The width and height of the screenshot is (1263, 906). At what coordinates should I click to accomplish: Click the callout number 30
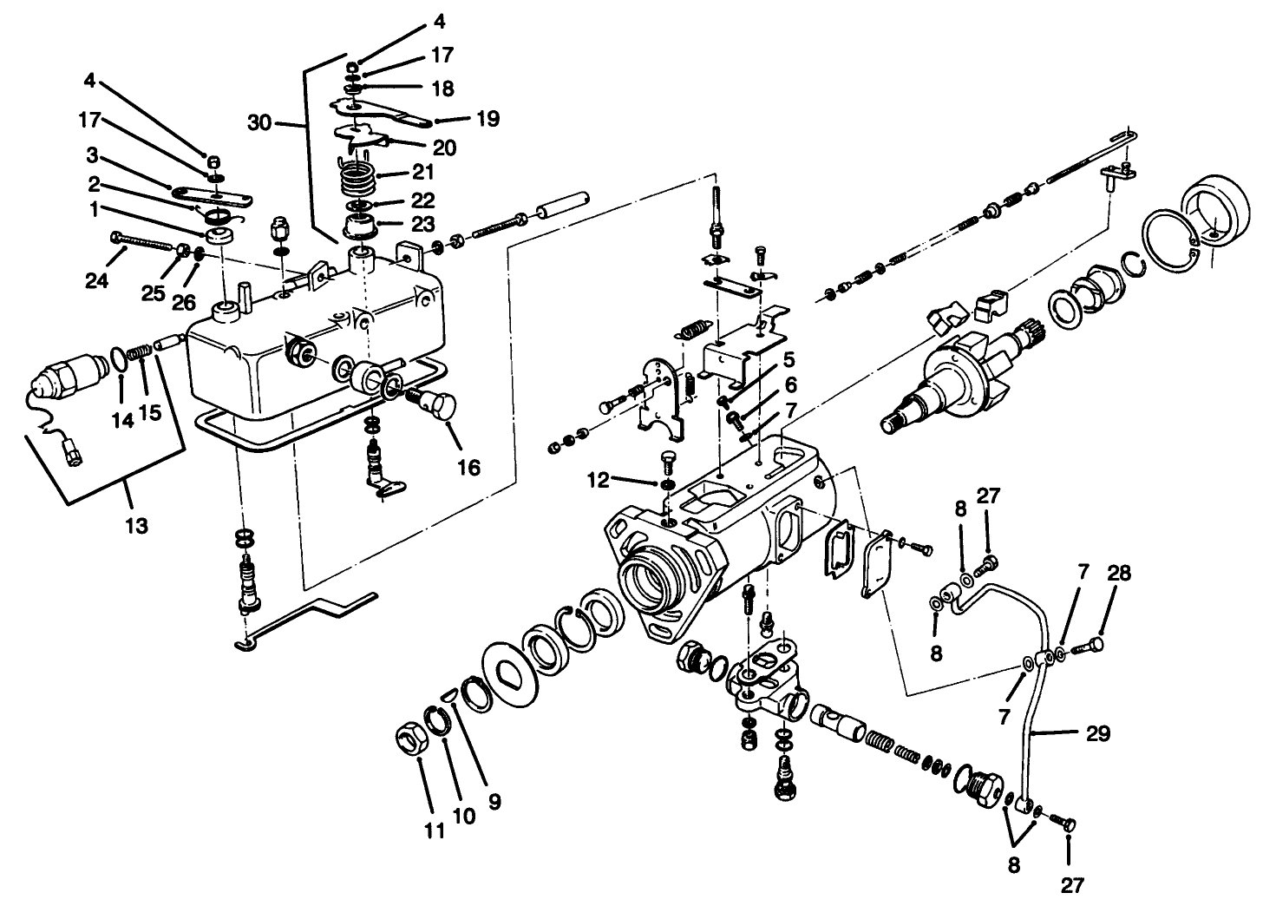tap(259, 122)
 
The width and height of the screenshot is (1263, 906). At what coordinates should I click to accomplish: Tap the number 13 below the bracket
tap(136, 524)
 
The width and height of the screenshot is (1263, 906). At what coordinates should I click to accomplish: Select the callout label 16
tap(468, 467)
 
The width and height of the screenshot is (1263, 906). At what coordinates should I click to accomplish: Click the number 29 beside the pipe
tap(1097, 733)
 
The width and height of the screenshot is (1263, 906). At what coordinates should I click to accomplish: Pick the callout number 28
tap(1118, 574)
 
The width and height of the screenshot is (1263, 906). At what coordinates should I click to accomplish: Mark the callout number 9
tap(494, 802)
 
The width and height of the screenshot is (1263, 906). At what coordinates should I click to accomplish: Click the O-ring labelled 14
tap(119, 358)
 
